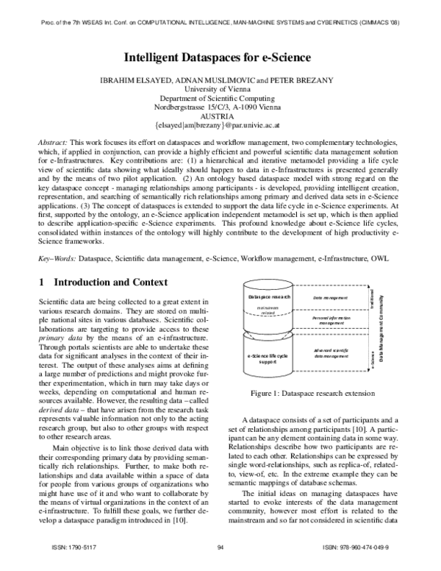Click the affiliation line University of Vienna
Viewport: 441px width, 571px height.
[x=220, y=88]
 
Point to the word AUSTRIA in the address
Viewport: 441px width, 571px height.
[x=220, y=116]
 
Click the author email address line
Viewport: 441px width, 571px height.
[x=220, y=126]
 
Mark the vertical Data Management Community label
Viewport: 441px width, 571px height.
[x=381, y=324]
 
